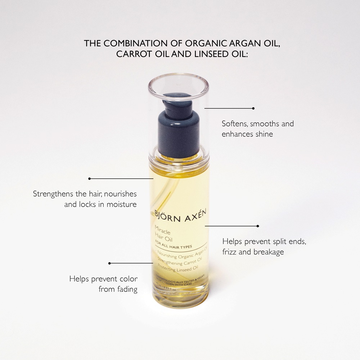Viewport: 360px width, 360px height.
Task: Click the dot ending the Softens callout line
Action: pyautogui.click(x=253, y=108)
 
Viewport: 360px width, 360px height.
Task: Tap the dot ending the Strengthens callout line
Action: pyautogui.click(x=89, y=178)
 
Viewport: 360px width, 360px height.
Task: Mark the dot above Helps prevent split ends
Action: pyautogui.click(x=258, y=226)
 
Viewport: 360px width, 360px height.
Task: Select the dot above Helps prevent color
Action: pyautogui.click(x=109, y=263)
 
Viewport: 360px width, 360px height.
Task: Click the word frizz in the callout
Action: pyautogui.click(x=229, y=252)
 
